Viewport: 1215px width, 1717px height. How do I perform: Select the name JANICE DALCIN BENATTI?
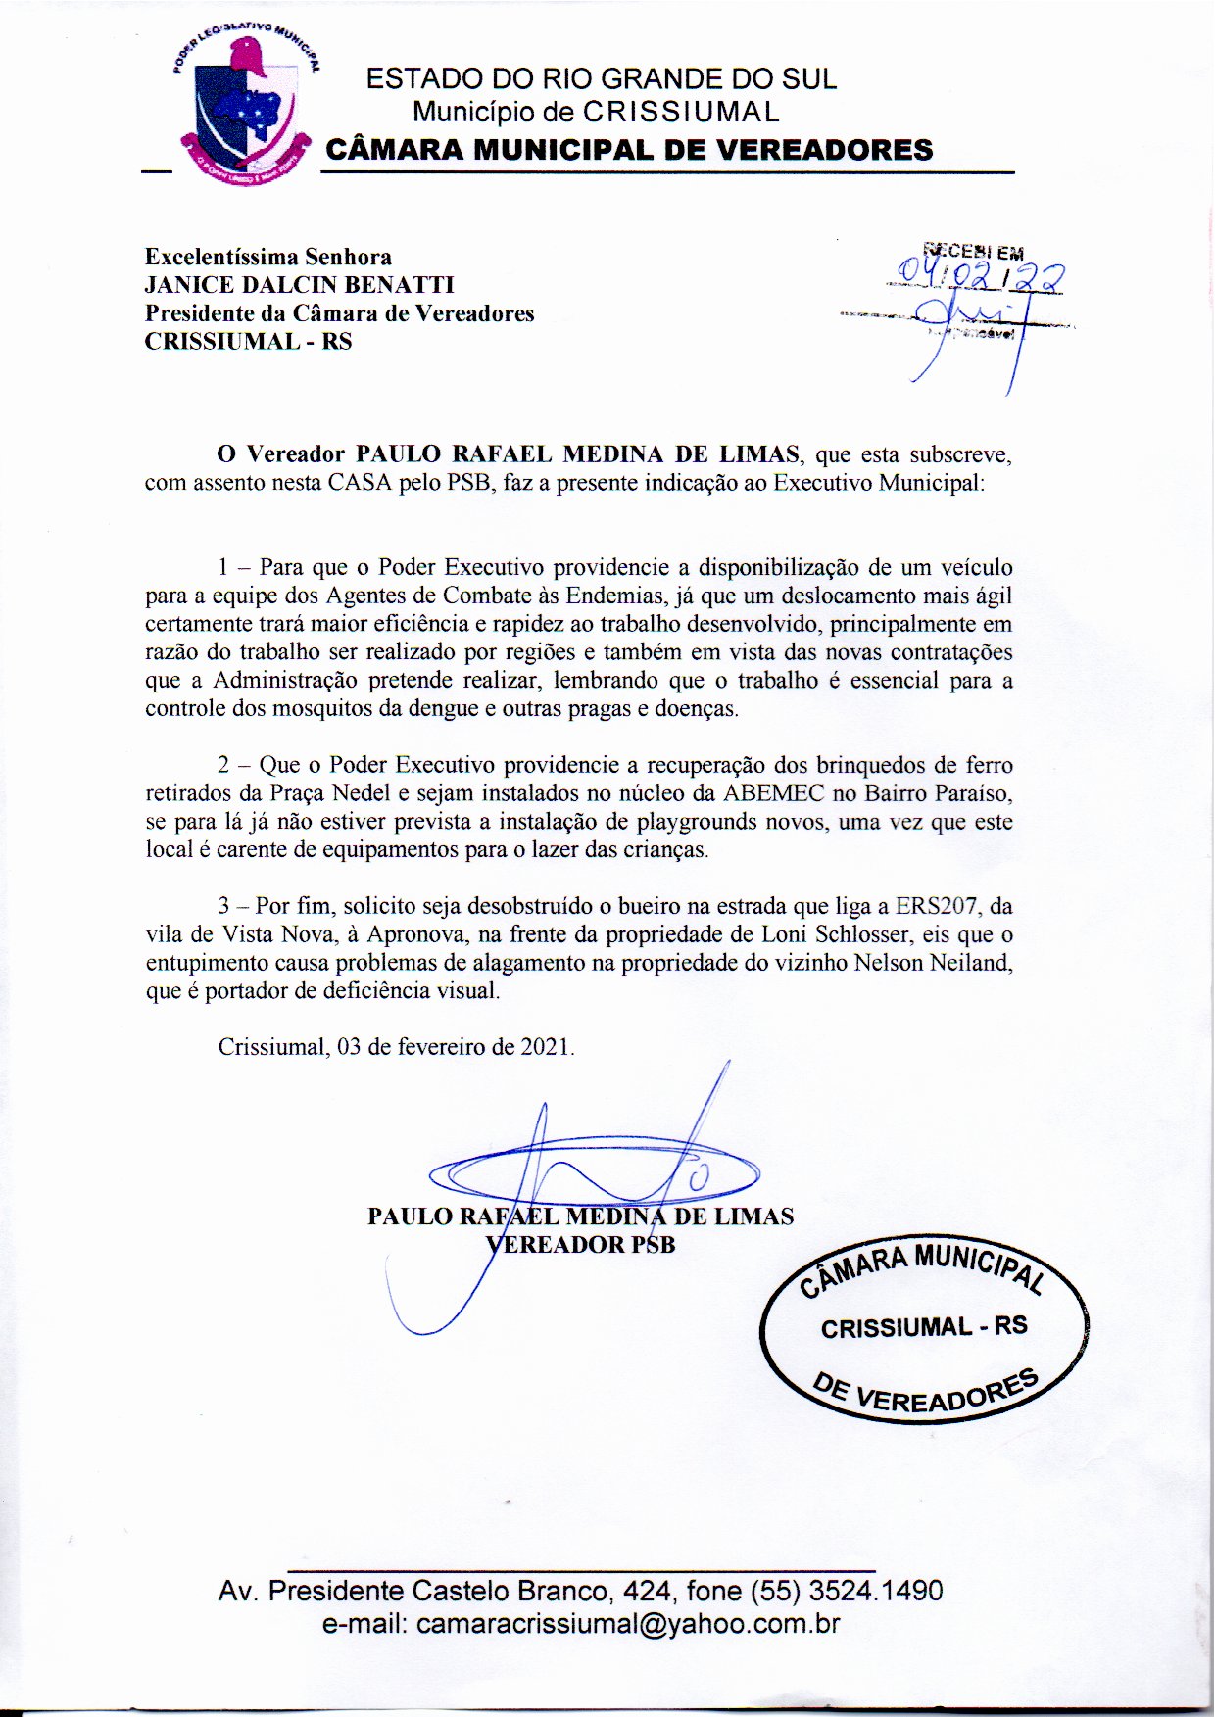coord(299,285)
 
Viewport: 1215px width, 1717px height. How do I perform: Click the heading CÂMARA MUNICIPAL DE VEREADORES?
coord(628,150)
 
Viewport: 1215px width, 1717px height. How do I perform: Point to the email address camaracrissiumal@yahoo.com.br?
coord(628,1624)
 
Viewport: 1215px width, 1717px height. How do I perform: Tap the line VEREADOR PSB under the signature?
coord(581,1244)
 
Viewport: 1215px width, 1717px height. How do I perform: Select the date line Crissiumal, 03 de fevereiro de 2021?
coord(396,1046)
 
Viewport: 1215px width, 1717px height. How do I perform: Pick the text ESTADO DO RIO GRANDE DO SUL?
coord(602,79)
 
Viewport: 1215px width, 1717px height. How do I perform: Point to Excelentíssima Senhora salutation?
coord(267,257)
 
